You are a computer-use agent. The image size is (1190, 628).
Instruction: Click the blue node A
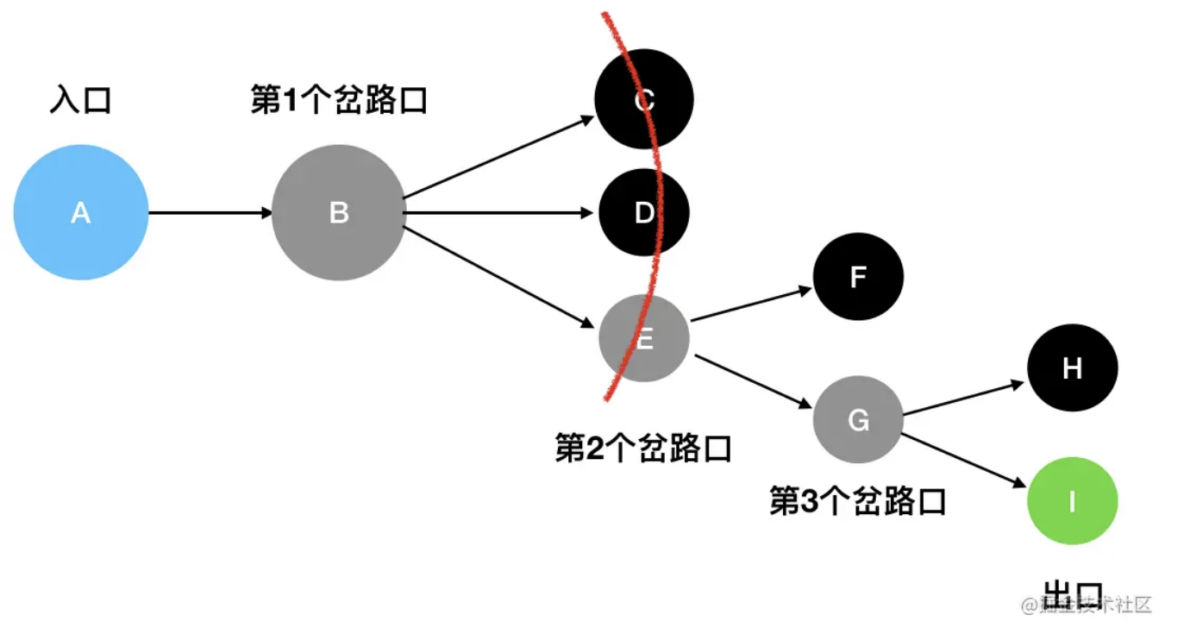(x=81, y=212)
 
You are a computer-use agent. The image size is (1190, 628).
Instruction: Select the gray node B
(x=339, y=212)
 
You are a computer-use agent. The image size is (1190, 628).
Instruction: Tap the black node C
(x=643, y=101)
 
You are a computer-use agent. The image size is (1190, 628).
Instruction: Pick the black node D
(x=643, y=212)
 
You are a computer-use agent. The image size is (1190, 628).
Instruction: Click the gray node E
(x=643, y=338)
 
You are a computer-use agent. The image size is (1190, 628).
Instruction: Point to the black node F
(x=858, y=277)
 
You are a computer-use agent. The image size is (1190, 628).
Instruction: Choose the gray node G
(x=858, y=419)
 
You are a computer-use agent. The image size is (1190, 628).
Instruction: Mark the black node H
(x=1072, y=368)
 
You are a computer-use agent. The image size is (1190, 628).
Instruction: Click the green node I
(x=1072, y=501)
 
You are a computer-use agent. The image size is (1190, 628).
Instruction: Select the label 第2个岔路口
(x=643, y=448)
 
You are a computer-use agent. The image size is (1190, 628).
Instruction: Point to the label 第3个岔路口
(x=858, y=500)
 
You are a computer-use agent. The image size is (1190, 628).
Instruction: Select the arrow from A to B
(x=210, y=212)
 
